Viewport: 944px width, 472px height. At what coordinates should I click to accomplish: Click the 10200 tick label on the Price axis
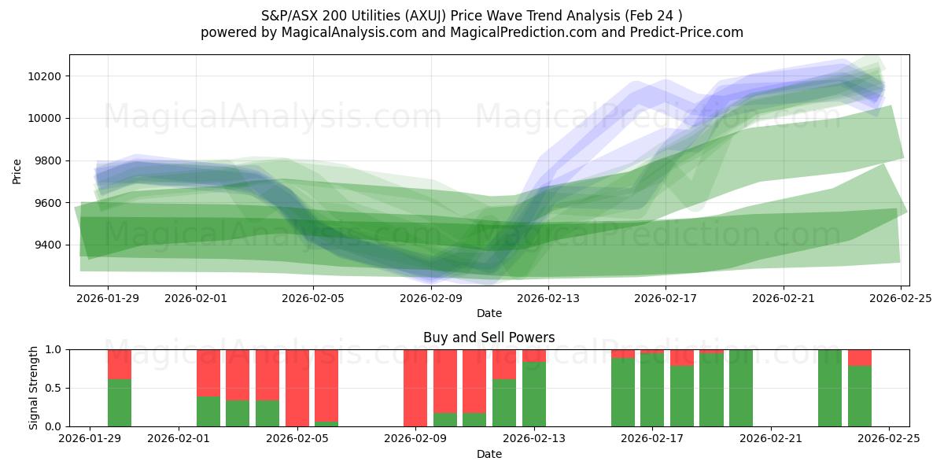pyautogui.click(x=45, y=76)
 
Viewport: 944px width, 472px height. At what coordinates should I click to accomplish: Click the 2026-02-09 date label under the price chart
pyautogui.click(x=431, y=298)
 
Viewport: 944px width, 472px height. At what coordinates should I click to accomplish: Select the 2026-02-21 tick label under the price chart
pyautogui.click(x=784, y=298)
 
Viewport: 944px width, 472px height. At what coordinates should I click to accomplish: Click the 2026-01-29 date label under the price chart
pyautogui.click(x=108, y=298)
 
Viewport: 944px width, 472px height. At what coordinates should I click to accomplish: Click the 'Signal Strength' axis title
pyautogui.click(x=33, y=388)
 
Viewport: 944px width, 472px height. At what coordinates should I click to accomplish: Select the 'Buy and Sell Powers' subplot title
pyautogui.click(x=489, y=337)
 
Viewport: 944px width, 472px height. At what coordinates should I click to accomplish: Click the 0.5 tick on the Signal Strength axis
pyautogui.click(x=55, y=388)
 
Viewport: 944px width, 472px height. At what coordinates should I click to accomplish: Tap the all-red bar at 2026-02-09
pyautogui.click(x=415, y=388)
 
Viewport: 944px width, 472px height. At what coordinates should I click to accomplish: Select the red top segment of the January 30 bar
pyautogui.click(x=120, y=364)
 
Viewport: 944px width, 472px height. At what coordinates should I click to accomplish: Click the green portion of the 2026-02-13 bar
pyautogui.click(x=534, y=394)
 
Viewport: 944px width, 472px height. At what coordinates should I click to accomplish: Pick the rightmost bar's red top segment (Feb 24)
pyautogui.click(x=860, y=357)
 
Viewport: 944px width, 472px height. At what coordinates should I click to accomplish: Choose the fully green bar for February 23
pyautogui.click(x=830, y=388)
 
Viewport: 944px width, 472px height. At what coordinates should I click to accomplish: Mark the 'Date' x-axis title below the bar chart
pyautogui.click(x=489, y=454)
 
